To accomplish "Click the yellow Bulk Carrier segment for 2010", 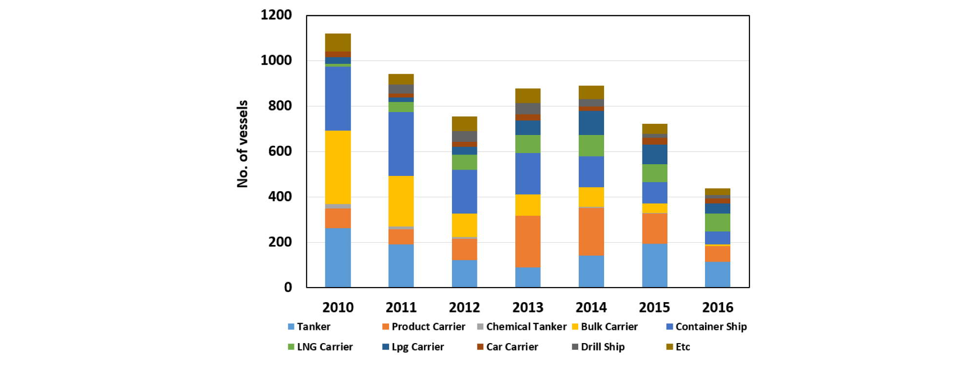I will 338,167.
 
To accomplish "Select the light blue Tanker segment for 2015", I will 654,266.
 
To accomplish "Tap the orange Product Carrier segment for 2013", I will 528,242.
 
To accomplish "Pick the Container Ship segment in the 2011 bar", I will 401,144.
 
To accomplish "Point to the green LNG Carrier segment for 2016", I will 717,222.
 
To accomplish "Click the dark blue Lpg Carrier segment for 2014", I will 591,123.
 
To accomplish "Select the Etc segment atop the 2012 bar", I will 464,124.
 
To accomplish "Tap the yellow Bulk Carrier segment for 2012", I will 464,225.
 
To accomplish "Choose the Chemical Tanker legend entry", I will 521,327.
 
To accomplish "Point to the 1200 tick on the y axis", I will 276,15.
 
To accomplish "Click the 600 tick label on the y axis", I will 280,152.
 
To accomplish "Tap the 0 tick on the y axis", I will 288,288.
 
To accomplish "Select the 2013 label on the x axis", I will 528,307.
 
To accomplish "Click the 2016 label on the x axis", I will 717,307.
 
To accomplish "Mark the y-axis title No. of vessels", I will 242,144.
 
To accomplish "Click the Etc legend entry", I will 678,347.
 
